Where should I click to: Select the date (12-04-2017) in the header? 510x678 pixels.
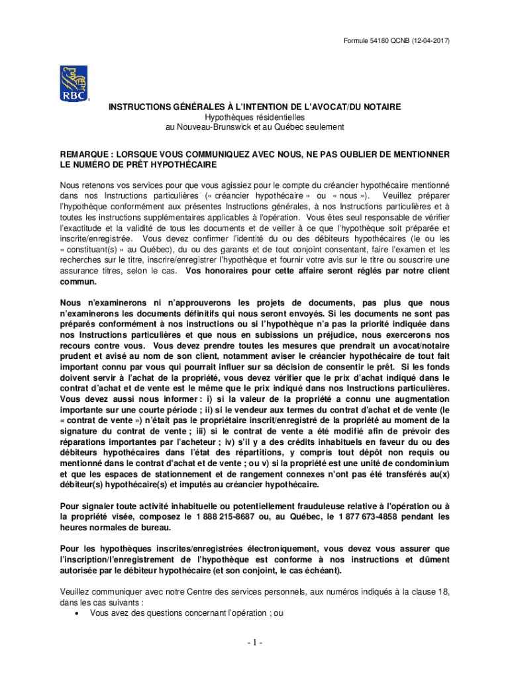(x=425, y=42)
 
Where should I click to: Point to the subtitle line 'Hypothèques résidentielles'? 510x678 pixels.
(x=254, y=117)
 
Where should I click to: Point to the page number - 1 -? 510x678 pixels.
(x=255, y=642)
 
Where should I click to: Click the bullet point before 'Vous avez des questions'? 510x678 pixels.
(x=80, y=614)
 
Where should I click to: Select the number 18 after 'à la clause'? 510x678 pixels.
(x=442, y=591)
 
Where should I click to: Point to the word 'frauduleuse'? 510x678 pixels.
(x=313, y=507)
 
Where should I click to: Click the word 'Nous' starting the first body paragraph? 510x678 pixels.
(x=71, y=185)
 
